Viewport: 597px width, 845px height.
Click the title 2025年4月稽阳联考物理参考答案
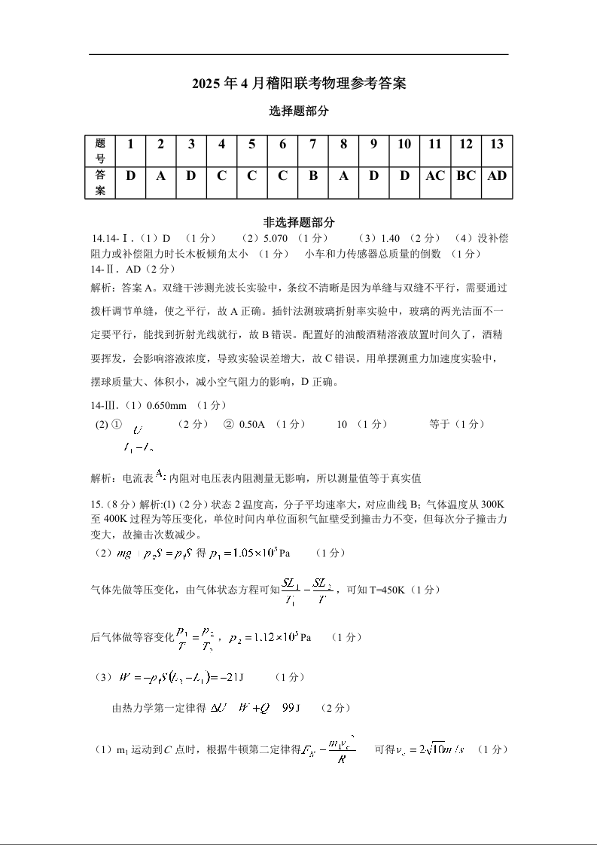299,84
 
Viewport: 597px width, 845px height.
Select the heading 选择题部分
299,111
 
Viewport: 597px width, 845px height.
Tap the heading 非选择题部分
299,222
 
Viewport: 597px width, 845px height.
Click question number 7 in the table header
313,145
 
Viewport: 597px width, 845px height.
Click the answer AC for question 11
435,176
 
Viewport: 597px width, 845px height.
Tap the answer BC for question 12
466,176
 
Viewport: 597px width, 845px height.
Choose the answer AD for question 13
497,176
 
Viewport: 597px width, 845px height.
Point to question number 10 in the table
404,145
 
